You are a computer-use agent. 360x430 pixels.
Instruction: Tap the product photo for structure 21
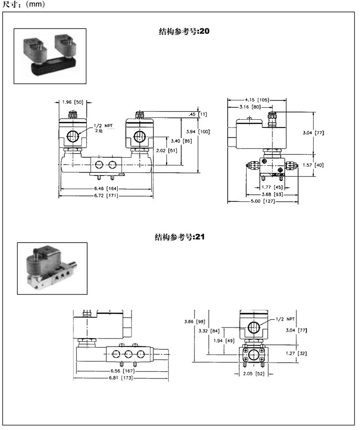[52, 269]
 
